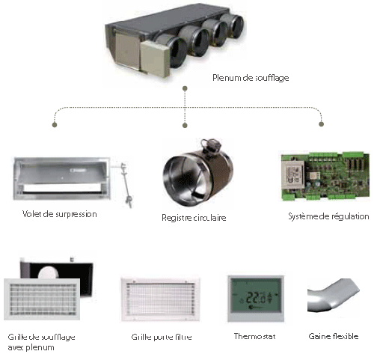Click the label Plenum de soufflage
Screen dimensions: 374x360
pos(251,78)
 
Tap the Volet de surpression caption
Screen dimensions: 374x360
pos(60,214)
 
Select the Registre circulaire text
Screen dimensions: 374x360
pos(194,218)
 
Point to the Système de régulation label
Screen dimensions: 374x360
pos(328,216)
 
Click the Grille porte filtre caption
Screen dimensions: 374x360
pos(162,337)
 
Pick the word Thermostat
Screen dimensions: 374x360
pos(255,336)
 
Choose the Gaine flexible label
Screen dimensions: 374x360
pos(334,336)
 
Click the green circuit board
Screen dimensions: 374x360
pos(325,176)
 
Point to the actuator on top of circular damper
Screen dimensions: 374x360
pos(212,144)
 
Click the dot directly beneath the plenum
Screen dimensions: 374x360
pos(185,88)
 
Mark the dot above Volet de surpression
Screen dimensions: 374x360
pos(55,124)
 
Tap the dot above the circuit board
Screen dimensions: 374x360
pos(322,124)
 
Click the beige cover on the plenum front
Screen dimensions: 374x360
pos(155,58)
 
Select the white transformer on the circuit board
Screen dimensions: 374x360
pos(293,172)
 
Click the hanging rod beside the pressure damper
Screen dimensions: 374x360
pos(126,186)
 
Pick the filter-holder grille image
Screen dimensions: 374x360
pos(161,299)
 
